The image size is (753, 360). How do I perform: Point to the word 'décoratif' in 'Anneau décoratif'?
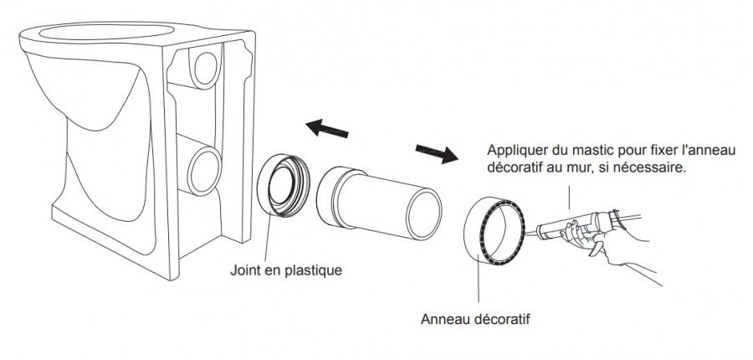click(x=505, y=318)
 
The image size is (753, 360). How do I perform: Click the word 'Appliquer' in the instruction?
click(x=515, y=151)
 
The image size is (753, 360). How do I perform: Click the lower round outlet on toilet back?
click(x=203, y=167)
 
